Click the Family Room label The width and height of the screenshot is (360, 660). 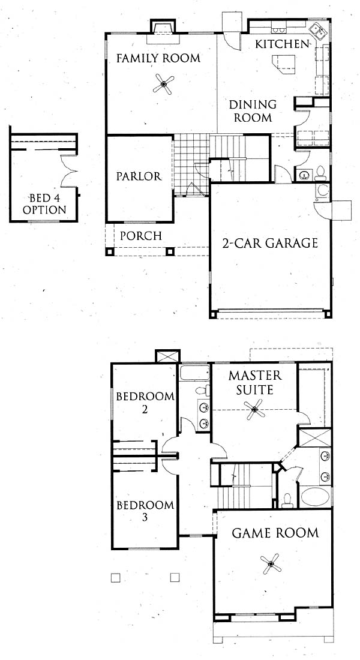[158, 58]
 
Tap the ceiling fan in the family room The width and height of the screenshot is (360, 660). [163, 84]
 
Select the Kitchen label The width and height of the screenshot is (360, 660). [283, 44]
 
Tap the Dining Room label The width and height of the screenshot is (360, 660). [253, 111]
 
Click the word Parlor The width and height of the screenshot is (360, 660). [139, 176]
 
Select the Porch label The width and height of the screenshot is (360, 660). [140, 236]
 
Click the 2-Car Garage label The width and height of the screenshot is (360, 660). [270, 243]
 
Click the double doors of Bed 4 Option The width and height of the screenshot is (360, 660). [69, 170]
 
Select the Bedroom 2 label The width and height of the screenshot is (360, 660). [145, 403]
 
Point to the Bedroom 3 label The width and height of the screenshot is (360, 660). [145, 511]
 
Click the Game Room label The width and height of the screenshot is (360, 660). [275, 533]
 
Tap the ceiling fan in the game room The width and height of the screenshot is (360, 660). [271, 563]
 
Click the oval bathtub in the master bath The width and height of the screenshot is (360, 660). [316, 497]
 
